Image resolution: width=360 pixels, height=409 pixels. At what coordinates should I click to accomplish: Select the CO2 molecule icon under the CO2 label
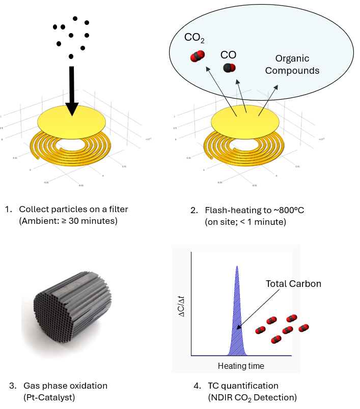pos(197,56)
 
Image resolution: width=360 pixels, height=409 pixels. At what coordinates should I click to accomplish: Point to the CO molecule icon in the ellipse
pos(229,68)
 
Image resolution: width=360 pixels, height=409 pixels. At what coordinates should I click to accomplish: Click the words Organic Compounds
pos(292,65)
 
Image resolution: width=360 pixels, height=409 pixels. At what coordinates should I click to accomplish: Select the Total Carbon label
pos(293,284)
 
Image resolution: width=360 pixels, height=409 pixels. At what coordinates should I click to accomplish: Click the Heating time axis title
pos(241,366)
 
